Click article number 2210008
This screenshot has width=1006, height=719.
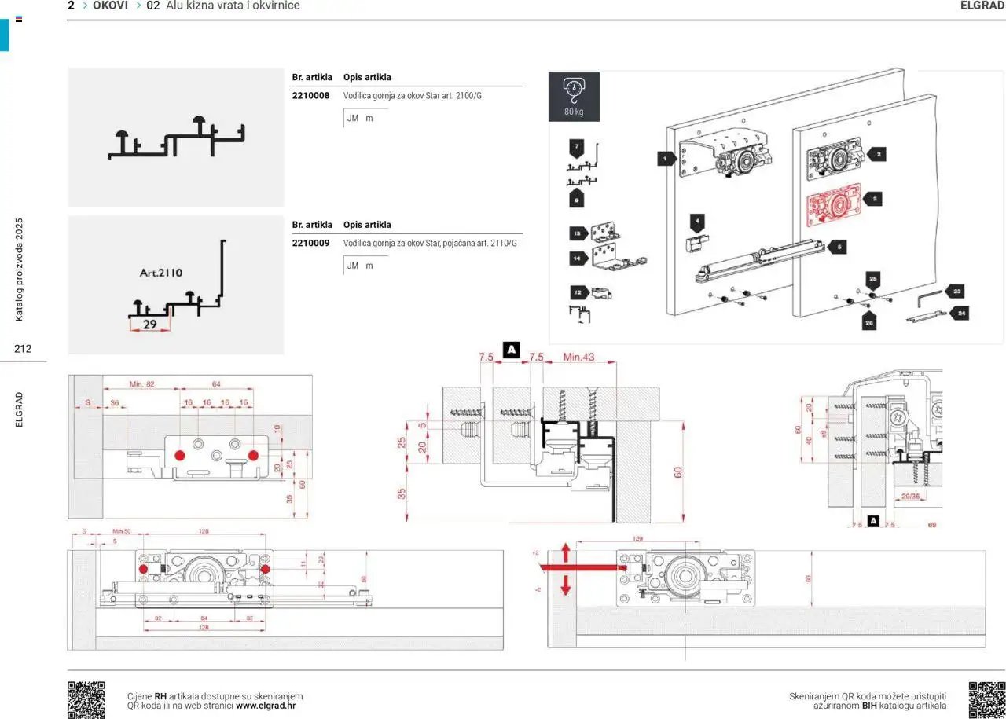pos(310,95)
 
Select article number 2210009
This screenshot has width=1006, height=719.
pos(310,243)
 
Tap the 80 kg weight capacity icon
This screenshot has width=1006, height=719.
pos(574,97)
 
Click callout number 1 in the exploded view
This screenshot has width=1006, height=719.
pos(666,159)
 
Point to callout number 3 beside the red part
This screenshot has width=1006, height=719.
pos(876,200)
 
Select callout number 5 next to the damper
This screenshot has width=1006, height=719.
pos(838,247)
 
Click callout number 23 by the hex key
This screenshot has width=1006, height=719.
pos(956,291)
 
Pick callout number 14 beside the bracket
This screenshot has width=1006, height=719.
pos(577,258)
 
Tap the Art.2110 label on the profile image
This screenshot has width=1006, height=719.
pos(161,273)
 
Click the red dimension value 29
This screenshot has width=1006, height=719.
pos(150,324)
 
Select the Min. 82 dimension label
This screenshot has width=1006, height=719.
pos(141,383)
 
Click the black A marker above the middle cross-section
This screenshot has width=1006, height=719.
pos(512,349)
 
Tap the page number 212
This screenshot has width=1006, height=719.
pos(23,348)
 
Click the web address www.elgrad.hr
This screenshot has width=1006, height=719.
pos(266,706)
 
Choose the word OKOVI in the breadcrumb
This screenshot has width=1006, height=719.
pos(110,6)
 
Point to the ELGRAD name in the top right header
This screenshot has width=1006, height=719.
pos(982,6)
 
